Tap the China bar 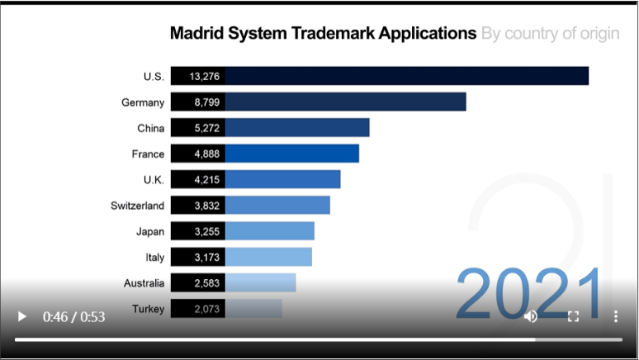coord(296,128)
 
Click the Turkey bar coord(253,309)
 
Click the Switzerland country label coord(137,206)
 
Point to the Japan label coord(150,231)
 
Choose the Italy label coord(154,258)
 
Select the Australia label coord(144,283)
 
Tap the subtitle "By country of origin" coord(550,34)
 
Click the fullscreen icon coord(573,316)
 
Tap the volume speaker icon coord(531,316)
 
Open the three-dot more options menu coord(616,316)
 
